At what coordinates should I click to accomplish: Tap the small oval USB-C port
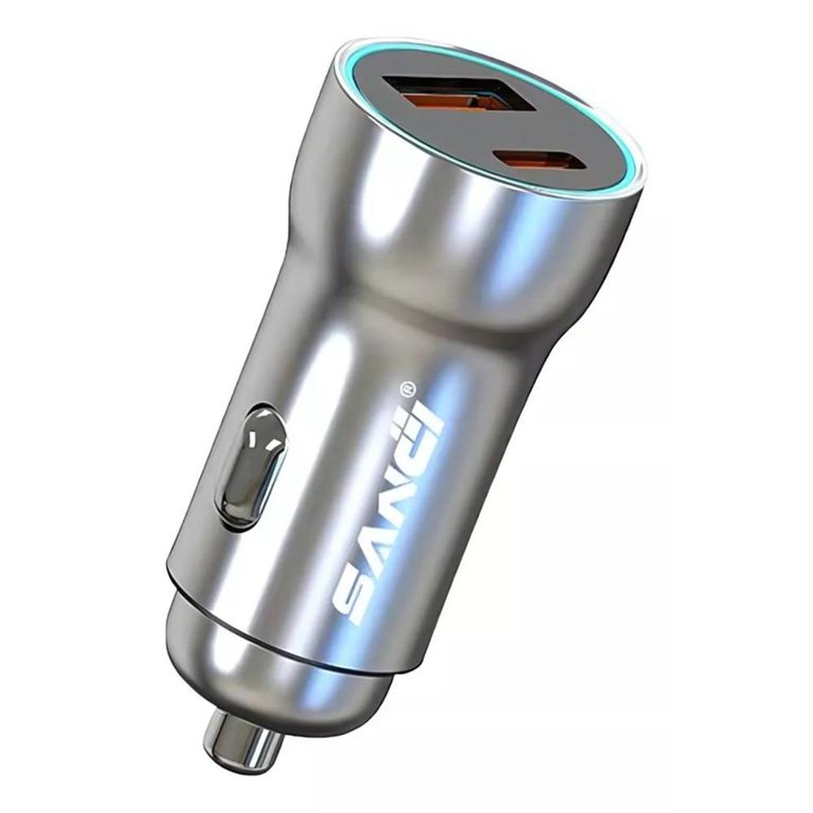(x=541, y=159)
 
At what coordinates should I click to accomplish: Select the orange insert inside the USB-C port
(x=541, y=160)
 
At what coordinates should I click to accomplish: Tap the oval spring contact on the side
(x=251, y=468)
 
